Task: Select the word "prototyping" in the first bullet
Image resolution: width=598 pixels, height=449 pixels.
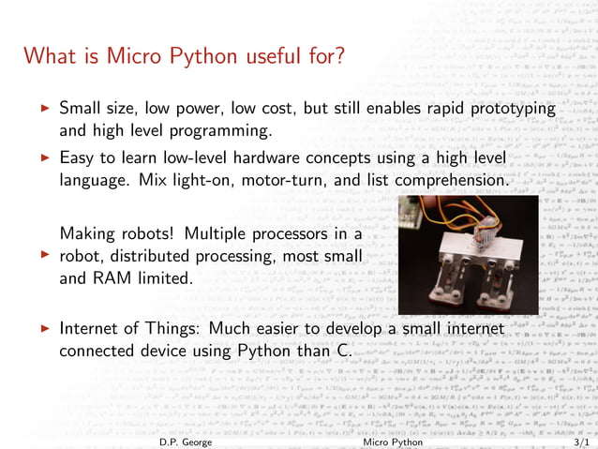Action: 506,109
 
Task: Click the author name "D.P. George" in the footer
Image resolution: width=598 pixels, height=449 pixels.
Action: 187,440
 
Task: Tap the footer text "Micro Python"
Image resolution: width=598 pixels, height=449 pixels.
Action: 393,440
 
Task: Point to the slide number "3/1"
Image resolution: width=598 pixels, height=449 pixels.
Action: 581,440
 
